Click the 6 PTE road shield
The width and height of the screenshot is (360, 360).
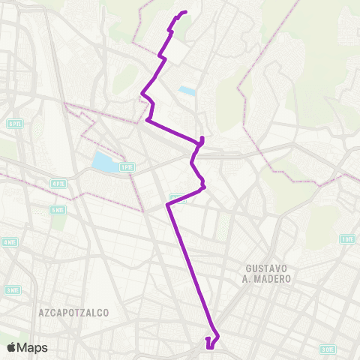(13, 123)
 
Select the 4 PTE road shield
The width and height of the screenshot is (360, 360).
(58, 182)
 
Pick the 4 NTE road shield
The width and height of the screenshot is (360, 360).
(10, 242)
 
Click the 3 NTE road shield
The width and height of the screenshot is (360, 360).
(12, 289)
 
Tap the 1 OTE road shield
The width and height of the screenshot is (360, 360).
(346, 239)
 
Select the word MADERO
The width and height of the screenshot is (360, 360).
(273, 278)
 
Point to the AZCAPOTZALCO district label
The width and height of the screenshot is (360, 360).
(73, 310)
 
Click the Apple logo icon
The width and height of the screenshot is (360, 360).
(11, 347)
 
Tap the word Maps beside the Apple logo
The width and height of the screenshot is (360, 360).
(32, 347)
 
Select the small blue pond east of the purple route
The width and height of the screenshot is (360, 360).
(187, 91)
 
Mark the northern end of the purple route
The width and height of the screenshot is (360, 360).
(185, 12)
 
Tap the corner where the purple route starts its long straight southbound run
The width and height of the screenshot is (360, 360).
(166, 203)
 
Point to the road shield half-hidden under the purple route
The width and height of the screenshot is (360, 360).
(177, 197)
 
